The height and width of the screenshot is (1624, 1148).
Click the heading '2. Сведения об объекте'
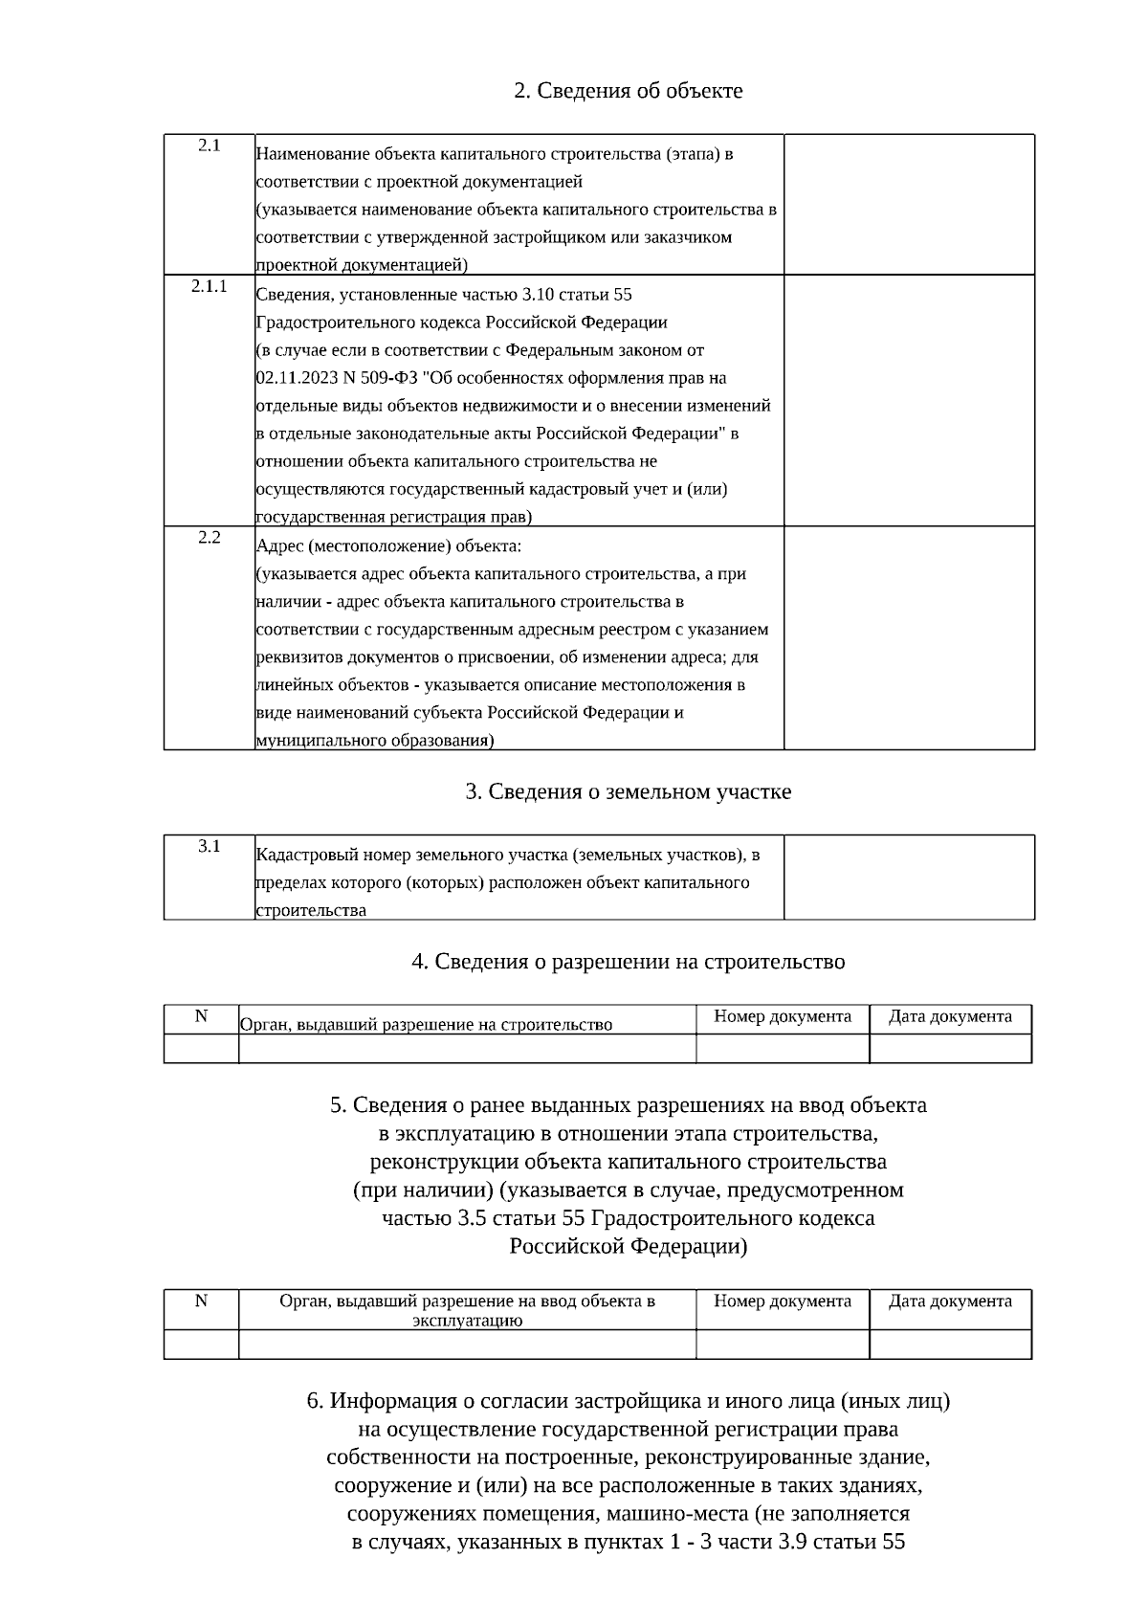coord(628,91)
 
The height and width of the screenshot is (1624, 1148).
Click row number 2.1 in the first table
coord(210,145)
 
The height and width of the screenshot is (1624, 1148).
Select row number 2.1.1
coord(210,286)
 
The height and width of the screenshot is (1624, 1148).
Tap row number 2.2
coord(210,538)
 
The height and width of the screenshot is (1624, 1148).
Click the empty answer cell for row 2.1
coord(909,205)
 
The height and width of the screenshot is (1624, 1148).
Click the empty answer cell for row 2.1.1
coord(909,400)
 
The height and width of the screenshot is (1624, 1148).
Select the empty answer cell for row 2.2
coord(909,637)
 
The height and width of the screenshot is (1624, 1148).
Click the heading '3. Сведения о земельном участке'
coord(628,792)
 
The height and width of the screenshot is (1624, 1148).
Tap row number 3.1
coord(210,846)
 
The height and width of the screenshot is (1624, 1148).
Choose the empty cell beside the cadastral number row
coord(909,877)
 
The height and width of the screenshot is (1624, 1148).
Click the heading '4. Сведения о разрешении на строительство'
coord(628,961)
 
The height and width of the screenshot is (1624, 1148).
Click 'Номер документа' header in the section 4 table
coord(783,1016)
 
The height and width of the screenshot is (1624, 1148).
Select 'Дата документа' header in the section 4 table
coord(950,1016)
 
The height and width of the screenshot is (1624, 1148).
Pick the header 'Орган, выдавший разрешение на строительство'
coord(426,1025)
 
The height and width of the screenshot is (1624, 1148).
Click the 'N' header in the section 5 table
coord(201,1301)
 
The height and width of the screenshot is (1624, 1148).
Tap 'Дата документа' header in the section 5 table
coord(950,1301)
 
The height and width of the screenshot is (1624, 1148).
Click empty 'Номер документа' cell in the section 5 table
coord(783,1345)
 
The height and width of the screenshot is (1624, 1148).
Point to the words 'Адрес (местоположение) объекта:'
coord(388,546)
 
